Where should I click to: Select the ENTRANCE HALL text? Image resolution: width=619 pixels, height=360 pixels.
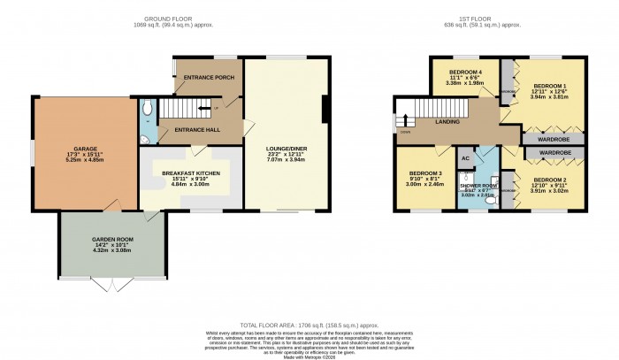click(x=200, y=130)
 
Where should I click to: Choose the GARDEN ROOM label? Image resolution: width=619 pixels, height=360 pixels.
click(x=111, y=240)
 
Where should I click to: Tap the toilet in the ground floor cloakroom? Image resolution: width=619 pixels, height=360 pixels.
click(x=148, y=109)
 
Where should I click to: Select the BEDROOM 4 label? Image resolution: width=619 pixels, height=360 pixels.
click(x=463, y=72)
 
